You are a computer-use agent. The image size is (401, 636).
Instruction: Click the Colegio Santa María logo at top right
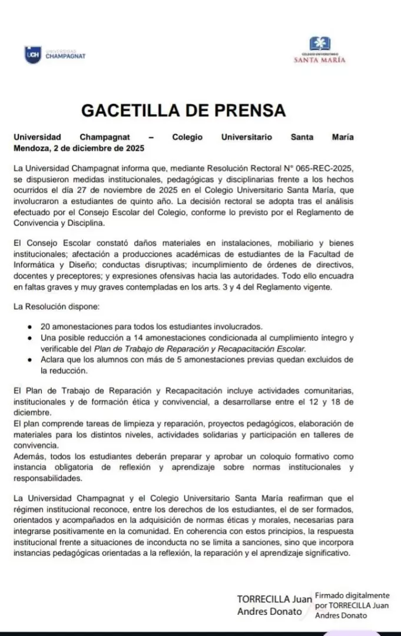point(320,49)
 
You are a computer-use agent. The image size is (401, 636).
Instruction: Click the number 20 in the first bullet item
point(45,326)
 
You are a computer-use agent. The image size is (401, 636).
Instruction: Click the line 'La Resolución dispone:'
point(52,307)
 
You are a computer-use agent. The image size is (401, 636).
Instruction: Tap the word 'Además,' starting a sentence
point(28,456)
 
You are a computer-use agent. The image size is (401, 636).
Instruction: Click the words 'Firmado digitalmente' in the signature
point(352,595)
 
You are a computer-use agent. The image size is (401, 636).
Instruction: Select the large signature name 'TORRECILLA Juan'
point(274,599)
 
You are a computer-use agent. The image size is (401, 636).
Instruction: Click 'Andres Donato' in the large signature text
point(269,611)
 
